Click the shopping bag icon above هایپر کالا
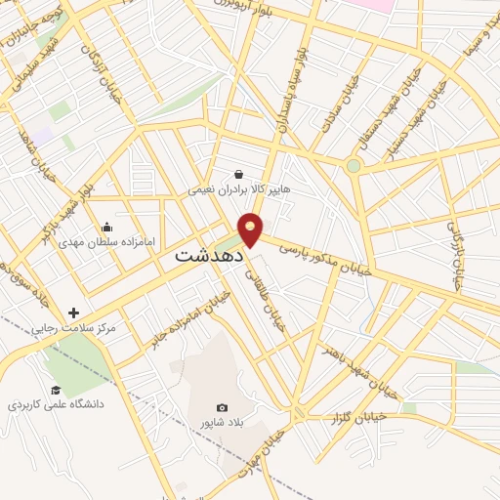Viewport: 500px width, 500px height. point(239,173)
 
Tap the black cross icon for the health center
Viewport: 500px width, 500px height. point(74,312)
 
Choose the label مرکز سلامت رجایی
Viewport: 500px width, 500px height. point(73,329)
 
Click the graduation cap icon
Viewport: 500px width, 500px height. point(69,390)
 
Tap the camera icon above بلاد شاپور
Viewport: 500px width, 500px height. point(222,407)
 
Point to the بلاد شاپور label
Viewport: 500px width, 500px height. point(222,422)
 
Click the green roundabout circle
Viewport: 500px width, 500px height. point(353,166)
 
